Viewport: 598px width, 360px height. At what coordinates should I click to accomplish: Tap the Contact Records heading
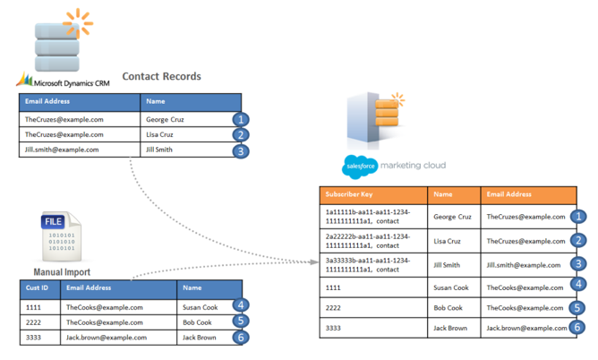pos(161,77)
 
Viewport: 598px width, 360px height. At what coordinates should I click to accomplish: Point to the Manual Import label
pos(62,272)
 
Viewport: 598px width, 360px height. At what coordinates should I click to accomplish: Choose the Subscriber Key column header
pos(349,193)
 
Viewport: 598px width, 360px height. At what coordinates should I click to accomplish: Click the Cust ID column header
pos(38,288)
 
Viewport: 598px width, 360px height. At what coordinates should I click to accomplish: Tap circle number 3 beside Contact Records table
pos(239,151)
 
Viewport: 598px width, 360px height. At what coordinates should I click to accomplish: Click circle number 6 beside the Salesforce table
pos(578,329)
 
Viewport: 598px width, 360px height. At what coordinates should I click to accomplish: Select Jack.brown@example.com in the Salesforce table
pos(526,329)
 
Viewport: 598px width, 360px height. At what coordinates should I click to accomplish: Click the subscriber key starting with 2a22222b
pos(368,240)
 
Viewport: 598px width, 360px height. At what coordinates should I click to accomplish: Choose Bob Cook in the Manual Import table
pos(197,322)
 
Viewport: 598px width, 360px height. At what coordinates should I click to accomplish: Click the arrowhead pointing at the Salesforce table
pos(315,262)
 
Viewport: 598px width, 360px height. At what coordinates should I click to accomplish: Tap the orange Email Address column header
pos(509,193)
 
